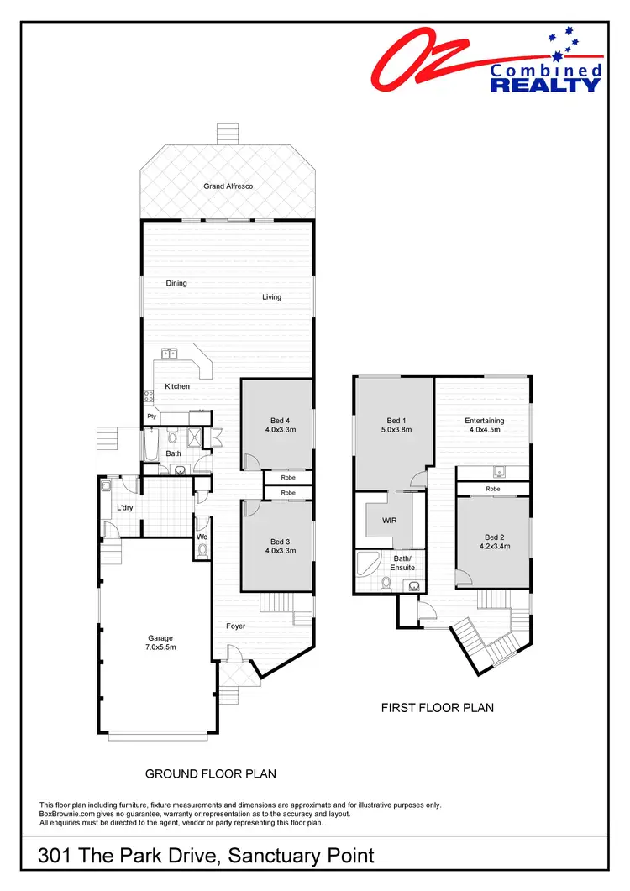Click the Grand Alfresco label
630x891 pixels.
pyautogui.click(x=228, y=186)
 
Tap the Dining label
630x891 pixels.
pyautogui.click(x=176, y=283)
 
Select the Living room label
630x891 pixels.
pyautogui.click(x=271, y=296)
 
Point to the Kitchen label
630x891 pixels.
pyautogui.click(x=177, y=386)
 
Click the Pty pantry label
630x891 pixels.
pyautogui.click(x=151, y=416)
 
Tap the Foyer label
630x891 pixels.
pyautogui.click(x=236, y=626)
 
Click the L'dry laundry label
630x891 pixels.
pyautogui.click(x=125, y=508)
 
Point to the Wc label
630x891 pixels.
pyautogui.click(x=202, y=537)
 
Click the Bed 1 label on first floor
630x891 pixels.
pyautogui.click(x=396, y=421)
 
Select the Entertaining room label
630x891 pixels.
pyautogui.click(x=485, y=421)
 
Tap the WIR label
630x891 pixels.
pyautogui.click(x=389, y=521)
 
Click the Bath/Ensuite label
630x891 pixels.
pyautogui.click(x=403, y=563)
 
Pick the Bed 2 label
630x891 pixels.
pyautogui.click(x=494, y=537)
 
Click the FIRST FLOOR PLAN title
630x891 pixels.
pyautogui.click(x=437, y=708)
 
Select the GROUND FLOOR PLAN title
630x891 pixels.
pyautogui.click(x=211, y=773)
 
